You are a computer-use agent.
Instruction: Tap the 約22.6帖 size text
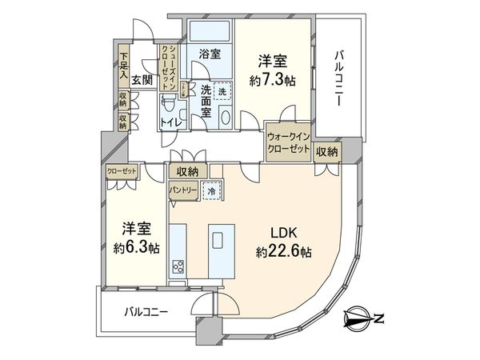pos(283,251)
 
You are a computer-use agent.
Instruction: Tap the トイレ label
pos(170,122)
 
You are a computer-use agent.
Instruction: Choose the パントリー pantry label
pos(184,190)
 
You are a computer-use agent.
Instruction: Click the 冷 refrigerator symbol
pos(211,190)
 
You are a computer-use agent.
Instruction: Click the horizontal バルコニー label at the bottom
pos(146,311)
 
